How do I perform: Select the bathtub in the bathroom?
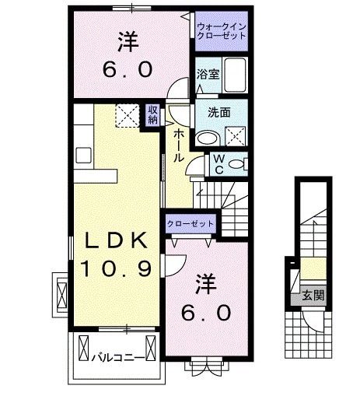pos(234,75)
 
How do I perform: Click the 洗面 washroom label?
pos(218,111)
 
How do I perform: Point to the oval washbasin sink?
pos(207,138)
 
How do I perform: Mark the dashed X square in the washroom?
pos(235,136)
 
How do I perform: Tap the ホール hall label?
pos(178,145)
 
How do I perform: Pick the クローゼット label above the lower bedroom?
pos(190,223)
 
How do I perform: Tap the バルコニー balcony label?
pos(114,358)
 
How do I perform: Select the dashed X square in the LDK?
pos(125,115)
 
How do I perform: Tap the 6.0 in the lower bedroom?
pos(205,313)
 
